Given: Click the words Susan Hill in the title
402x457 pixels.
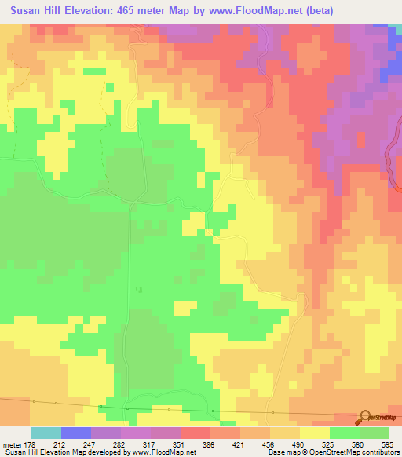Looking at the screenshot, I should pyautogui.click(x=38, y=11).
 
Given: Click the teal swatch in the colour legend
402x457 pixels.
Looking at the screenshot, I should pyautogui.click(x=46, y=433).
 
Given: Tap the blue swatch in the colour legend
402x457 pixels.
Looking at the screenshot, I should pyautogui.click(x=76, y=433).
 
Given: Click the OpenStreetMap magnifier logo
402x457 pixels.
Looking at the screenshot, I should pyautogui.click(x=366, y=418).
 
